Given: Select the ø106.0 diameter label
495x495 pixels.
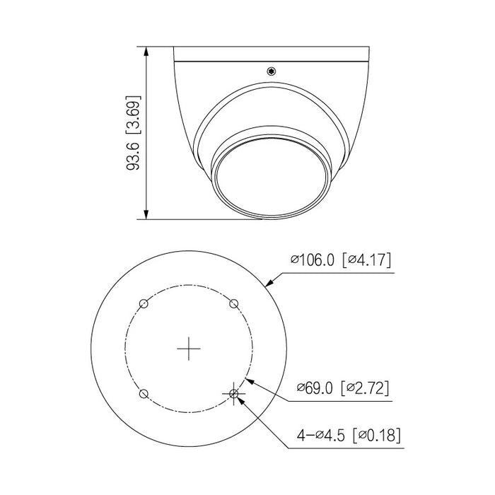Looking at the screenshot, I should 314,260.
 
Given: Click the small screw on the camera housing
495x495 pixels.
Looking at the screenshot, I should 270,71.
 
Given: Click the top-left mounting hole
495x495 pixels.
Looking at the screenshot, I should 144,303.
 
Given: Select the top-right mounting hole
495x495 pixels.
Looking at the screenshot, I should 234,303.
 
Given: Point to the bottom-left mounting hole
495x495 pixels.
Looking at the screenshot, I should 144,393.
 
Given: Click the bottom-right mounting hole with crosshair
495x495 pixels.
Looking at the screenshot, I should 234,393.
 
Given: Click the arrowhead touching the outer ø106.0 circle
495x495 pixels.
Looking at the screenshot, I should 268,285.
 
